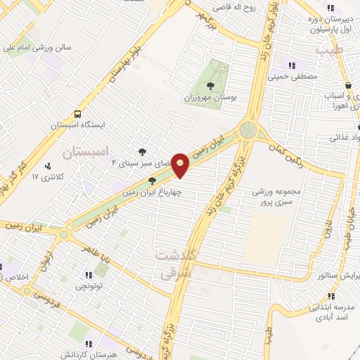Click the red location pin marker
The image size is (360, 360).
[x=181, y=166]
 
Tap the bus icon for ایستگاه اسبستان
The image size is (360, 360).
[x=77, y=114]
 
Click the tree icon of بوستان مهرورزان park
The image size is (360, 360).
[x=211, y=85]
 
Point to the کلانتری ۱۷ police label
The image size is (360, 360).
[x=29, y=176]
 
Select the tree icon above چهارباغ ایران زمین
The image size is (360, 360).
[x=152, y=181]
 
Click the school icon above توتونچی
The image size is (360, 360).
[x=89, y=275]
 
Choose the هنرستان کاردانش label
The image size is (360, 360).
[x=90, y=355]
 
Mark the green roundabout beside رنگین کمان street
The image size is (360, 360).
[x=247, y=129]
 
